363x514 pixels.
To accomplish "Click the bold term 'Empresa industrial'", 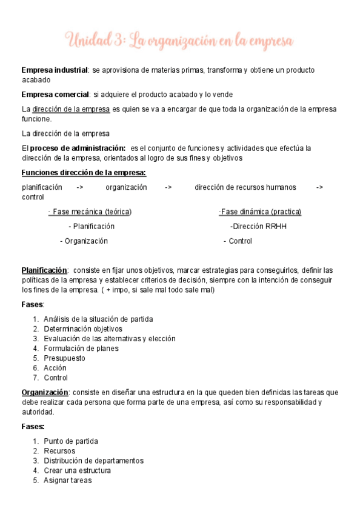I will [55, 70].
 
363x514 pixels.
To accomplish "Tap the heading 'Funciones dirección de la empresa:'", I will [84, 173].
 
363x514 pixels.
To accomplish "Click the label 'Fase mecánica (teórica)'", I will [92, 212].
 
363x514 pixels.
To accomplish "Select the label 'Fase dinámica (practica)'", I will [261, 212].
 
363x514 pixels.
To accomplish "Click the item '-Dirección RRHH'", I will [258, 226].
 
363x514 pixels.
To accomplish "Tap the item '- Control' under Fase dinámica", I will [238, 241].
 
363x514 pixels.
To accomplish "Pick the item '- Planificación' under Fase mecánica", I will [92, 226].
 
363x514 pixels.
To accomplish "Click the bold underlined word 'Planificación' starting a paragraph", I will [44, 270].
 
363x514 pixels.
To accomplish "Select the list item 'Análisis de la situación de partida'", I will [98, 319].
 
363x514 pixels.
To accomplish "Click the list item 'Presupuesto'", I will [64, 358].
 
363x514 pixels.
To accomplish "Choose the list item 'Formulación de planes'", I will [81, 349].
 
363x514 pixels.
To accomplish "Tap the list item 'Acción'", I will [55, 368].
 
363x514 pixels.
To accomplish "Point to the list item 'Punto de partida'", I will [71, 441].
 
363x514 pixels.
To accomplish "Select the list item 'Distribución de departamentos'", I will [93, 461].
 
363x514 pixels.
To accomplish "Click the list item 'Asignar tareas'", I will [67, 480].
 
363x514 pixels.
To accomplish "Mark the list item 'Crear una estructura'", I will [77, 470].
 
